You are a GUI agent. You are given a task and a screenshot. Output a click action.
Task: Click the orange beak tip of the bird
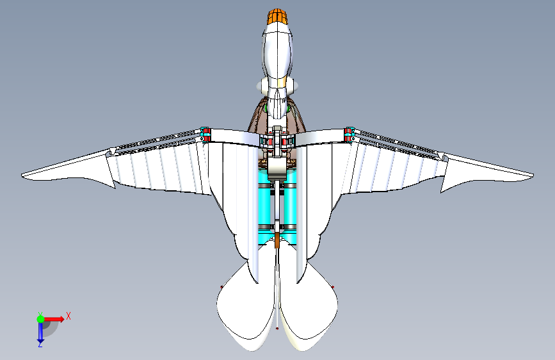[277, 16]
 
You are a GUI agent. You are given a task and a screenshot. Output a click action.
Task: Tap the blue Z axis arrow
[40, 332]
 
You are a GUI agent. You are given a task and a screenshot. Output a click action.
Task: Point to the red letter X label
[68, 316]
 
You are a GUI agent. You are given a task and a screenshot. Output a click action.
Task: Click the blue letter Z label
[40, 345]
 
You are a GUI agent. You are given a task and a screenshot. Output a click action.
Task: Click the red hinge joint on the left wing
[206, 133]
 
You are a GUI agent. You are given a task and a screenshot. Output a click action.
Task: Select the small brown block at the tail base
[277, 241]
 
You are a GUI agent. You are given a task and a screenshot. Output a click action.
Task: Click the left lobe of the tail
[243, 307]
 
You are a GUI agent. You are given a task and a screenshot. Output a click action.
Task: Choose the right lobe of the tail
[310, 307]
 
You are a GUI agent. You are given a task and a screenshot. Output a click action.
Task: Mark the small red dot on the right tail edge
[334, 286]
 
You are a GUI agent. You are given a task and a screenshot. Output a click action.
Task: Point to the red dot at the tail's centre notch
[277, 329]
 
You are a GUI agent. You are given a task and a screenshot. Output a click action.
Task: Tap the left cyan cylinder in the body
[264, 205]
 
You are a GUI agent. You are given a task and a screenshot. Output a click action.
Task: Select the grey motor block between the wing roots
[277, 168]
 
